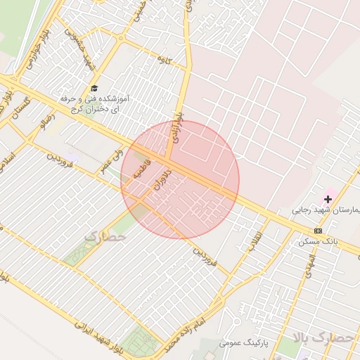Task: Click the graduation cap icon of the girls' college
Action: pyautogui.click(x=94, y=88)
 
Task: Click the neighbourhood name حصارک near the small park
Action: pyautogui.click(x=105, y=237)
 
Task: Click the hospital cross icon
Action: pyautogui.click(x=328, y=199)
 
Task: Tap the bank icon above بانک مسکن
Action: pyautogui.click(x=318, y=231)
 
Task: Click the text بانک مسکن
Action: pyautogui.click(x=318, y=241)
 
